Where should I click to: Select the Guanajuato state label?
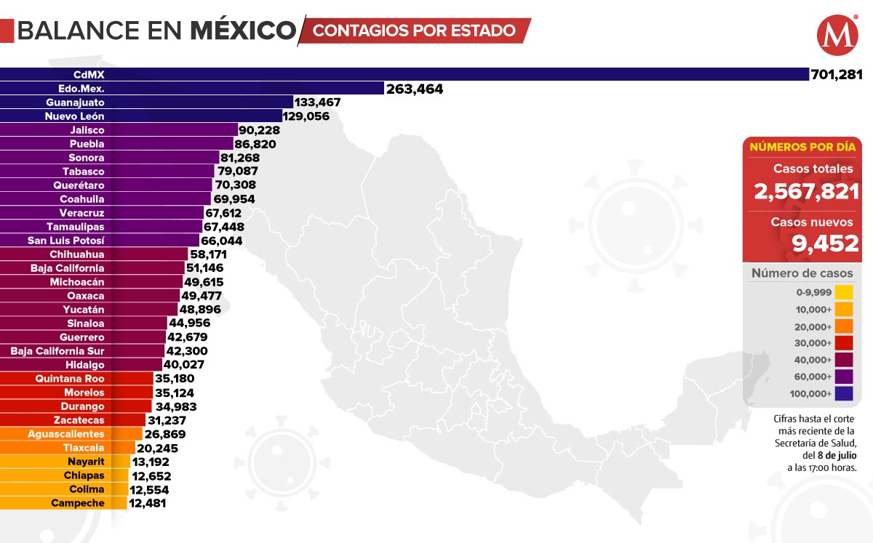[79, 102]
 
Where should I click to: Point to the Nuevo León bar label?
[76, 116]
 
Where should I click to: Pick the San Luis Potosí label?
[66, 241]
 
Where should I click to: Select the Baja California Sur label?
[57, 351]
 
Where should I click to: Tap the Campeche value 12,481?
[148, 503]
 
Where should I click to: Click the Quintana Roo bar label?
[70, 379]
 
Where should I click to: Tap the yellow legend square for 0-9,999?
[844, 293]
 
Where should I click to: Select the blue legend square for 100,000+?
[844, 394]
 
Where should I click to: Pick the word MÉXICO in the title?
[243, 31]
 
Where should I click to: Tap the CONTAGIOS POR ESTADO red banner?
[415, 31]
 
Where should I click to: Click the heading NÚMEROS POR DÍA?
[802, 147]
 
